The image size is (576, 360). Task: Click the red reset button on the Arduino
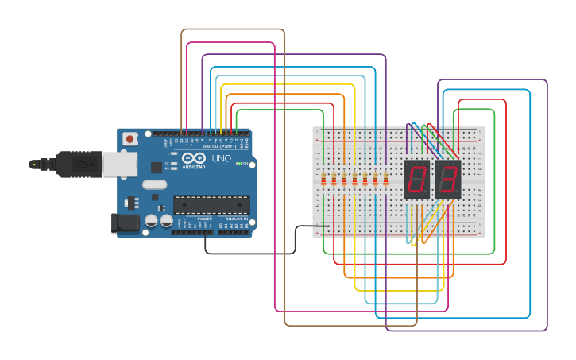coord(130,139)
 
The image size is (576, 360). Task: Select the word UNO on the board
coord(222,159)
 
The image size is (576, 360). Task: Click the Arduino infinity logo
coord(193,157)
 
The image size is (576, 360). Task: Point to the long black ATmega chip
coord(211,204)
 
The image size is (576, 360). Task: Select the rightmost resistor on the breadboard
coord(385,181)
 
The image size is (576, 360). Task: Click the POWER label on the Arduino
coord(204,218)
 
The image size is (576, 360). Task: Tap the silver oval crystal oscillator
coord(155,184)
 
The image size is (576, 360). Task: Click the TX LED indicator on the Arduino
coord(173,162)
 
